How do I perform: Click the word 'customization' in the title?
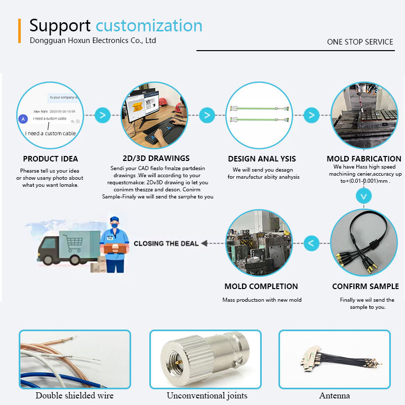149,25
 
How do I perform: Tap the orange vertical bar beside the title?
19,31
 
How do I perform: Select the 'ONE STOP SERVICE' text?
360,42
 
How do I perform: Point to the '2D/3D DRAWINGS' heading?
156,158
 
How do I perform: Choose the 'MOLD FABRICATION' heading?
363,159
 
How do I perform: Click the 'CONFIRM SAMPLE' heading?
365,287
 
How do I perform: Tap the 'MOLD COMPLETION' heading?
261,287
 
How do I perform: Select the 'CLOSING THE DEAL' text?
166,244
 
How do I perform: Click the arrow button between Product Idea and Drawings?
103,115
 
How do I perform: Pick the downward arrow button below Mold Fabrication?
363,195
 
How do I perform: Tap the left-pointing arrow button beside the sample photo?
311,244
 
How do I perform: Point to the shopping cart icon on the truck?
74,244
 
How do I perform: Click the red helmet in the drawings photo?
165,101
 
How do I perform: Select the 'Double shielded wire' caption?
74,395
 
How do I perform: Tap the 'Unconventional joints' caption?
207,395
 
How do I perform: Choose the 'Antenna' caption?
334,395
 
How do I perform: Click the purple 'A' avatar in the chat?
22,119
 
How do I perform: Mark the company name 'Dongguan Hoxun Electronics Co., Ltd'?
93,40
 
